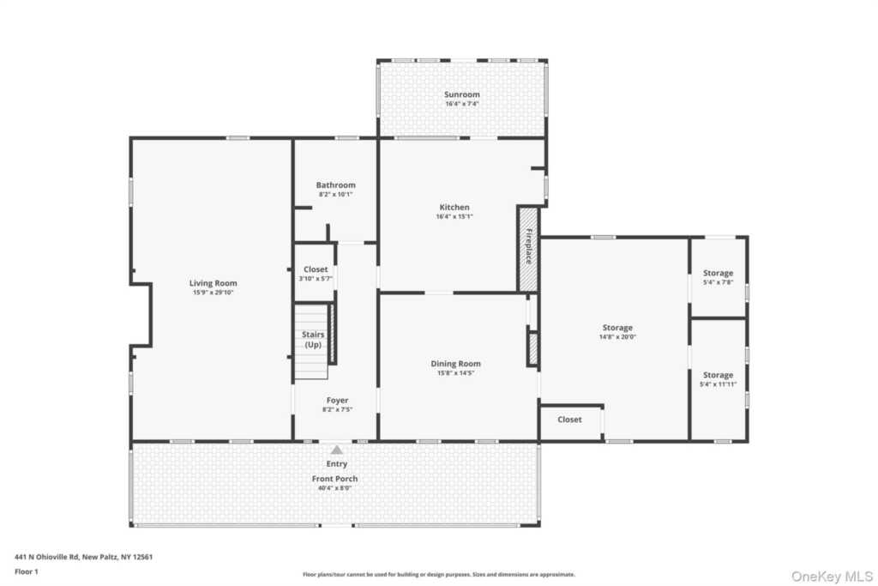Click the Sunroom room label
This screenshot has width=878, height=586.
462,94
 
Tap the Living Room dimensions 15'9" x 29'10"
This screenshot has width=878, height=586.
213,293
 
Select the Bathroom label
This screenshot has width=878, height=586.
335,184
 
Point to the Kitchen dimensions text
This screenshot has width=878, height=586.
454,216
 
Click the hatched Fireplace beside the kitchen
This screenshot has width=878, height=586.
528,250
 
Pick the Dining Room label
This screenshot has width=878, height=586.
455,364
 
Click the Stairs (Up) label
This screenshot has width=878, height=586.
313,340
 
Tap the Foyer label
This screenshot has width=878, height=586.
337,400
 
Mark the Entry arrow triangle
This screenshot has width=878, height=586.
336,450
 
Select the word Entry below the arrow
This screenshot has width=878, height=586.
336,464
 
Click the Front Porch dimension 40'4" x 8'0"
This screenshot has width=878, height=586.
335,488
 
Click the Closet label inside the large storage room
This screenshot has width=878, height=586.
569,419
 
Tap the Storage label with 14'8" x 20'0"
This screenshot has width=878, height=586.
617,328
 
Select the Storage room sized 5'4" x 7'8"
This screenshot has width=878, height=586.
719,277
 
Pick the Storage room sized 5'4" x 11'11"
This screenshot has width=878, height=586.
719,379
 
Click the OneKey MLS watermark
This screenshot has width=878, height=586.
832,577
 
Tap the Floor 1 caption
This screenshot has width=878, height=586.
27,572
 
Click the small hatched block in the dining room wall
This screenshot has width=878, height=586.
532,349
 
